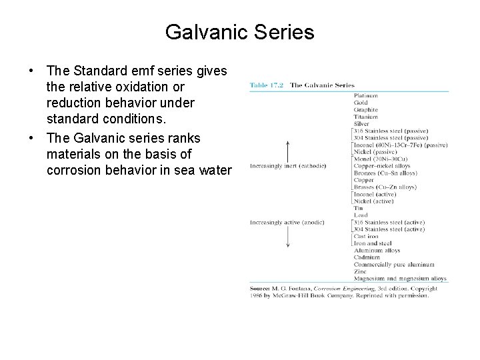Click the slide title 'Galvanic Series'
(239, 31)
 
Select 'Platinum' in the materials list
(366, 96)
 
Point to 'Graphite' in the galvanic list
(366, 110)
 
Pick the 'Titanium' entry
(366, 117)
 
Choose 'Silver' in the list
(362, 124)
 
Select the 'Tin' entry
(358, 207)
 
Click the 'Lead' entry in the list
(361, 215)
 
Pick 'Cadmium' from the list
(367, 257)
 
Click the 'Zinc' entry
(360, 271)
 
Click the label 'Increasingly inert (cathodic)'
(287, 165)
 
